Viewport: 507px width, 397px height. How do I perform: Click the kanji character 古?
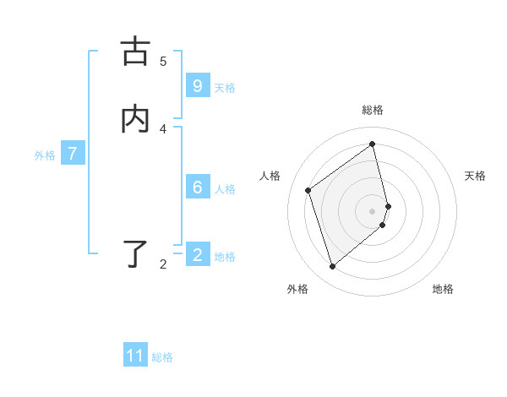[x=135, y=52]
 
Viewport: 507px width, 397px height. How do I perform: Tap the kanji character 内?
[x=135, y=119]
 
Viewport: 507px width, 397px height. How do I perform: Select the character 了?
[x=136, y=253]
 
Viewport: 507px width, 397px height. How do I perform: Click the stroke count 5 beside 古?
[x=163, y=62]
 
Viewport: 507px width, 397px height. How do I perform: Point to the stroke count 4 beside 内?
[x=163, y=128]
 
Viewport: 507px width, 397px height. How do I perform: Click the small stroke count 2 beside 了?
[x=163, y=264]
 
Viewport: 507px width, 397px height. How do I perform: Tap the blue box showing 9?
[x=198, y=86]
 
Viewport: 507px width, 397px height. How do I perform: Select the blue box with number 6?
[x=198, y=188]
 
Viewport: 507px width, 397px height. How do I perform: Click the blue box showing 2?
[x=198, y=254]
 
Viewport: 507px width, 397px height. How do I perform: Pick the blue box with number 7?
[x=73, y=154]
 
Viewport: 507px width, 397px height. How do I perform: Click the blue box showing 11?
[x=135, y=356]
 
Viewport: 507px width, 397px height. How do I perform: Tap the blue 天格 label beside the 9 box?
[x=225, y=88]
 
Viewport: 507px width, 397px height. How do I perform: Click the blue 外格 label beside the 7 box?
[x=45, y=155]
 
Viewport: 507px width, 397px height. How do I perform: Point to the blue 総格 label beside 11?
[x=162, y=357]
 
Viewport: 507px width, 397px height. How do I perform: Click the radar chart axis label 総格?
[x=373, y=110]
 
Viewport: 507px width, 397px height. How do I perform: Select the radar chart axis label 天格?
[x=476, y=176]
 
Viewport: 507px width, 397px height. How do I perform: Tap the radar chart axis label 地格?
[x=443, y=290]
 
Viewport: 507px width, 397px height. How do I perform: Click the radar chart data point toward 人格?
[x=308, y=190]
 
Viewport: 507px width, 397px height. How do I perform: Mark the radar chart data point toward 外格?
[x=332, y=267]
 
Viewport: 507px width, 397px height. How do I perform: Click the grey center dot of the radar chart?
[x=373, y=210]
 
